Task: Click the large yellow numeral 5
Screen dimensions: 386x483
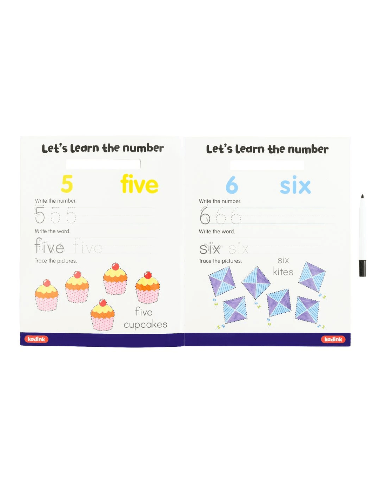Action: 67,184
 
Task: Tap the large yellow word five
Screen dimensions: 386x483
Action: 139,184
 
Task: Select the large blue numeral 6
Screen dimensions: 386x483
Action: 232,185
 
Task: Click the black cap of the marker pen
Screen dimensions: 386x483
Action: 362,268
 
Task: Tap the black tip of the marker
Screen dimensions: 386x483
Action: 362,196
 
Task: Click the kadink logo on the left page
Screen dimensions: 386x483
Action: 36,339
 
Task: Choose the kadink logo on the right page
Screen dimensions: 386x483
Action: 333,339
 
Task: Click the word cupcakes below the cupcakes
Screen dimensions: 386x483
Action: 145,325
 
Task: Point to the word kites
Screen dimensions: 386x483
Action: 283,272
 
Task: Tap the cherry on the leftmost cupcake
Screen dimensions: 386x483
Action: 47,283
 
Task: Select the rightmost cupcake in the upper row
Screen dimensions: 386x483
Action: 147,287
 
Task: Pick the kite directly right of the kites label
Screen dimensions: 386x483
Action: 312,277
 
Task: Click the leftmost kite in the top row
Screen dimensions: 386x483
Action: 222,281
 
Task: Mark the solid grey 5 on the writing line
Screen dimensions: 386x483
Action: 40,214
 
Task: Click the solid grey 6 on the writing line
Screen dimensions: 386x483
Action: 205,216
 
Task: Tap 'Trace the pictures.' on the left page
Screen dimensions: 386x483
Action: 56,261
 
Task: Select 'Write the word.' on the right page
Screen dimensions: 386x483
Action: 217,231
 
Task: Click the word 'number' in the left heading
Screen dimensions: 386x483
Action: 143,148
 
